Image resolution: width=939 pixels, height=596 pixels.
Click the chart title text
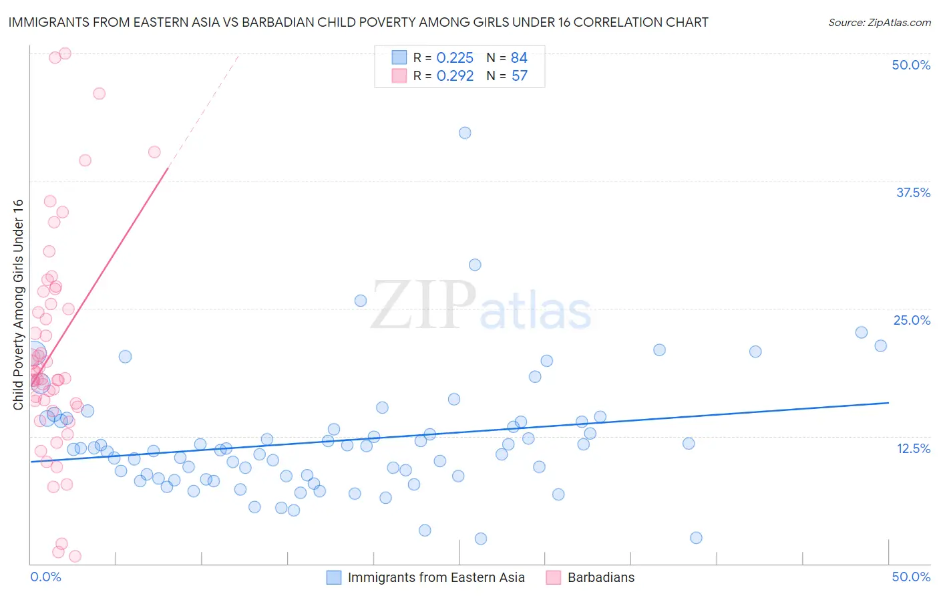click(x=358, y=22)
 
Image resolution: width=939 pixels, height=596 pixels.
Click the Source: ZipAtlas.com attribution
click(x=879, y=22)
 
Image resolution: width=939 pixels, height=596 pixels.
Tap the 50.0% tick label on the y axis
click(x=911, y=65)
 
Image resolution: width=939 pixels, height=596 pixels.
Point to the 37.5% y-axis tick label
click(x=913, y=192)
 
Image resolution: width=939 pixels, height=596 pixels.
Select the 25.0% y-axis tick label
click(x=912, y=320)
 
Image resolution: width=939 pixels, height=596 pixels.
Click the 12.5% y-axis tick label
click(x=913, y=448)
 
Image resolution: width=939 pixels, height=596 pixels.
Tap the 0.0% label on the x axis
click(x=45, y=577)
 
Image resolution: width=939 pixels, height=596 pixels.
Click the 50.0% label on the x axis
click(x=911, y=577)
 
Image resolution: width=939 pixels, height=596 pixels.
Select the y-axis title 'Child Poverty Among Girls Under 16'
click(x=18, y=305)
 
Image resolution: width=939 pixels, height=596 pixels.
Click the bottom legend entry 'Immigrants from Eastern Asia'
click(x=435, y=577)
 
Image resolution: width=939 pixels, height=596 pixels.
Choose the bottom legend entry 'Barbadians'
click(x=600, y=577)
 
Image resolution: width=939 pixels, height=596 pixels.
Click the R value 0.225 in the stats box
click(x=455, y=58)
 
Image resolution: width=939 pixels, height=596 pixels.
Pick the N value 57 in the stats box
click(x=520, y=76)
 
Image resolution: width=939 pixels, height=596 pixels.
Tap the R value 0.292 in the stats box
click(x=455, y=76)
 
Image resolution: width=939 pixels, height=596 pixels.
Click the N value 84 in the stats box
click(x=519, y=58)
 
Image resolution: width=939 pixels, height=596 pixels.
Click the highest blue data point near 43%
click(x=465, y=133)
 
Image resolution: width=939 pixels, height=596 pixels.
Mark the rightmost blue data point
click(x=880, y=345)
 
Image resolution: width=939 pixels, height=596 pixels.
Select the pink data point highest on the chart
click(x=65, y=53)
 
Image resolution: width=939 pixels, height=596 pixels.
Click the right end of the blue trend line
click(x=888, y=403)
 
